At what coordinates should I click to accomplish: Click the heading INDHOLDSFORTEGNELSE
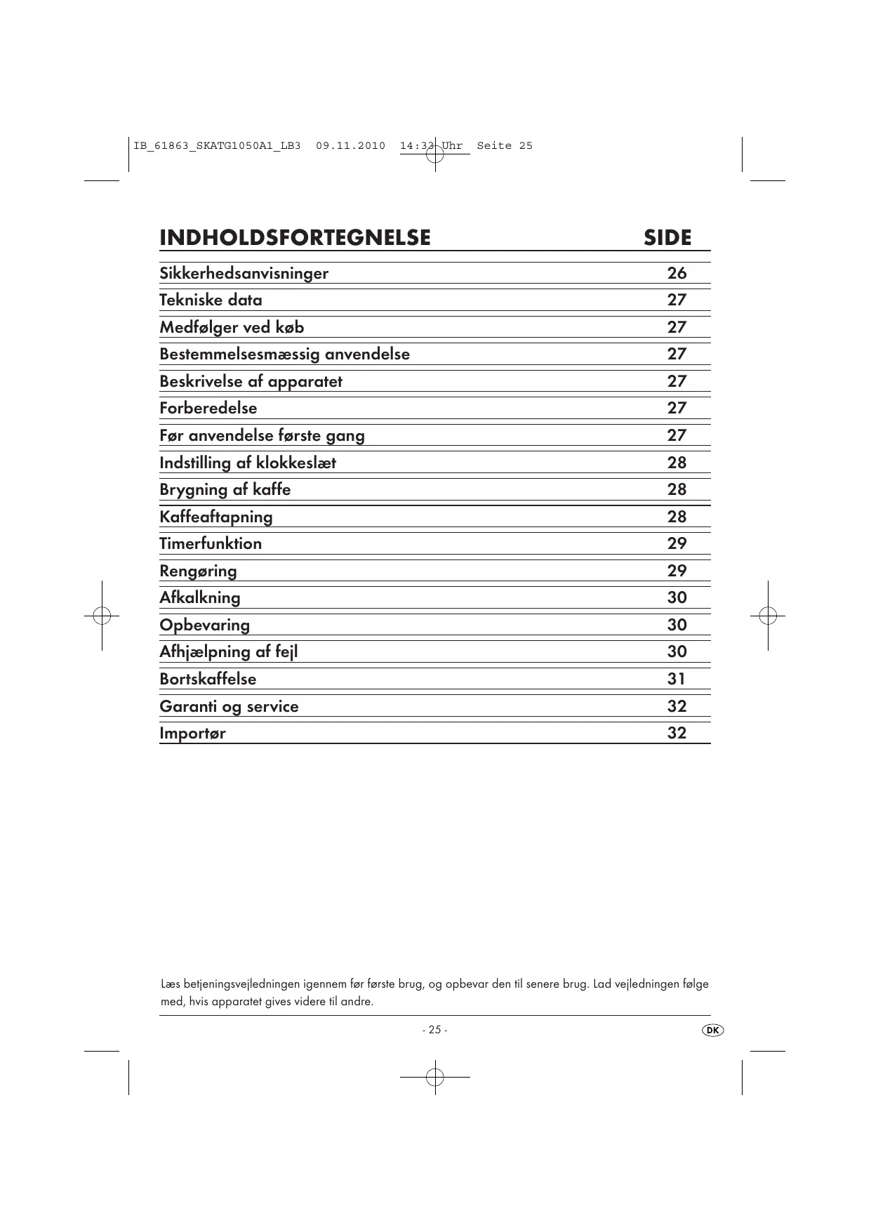[x=295, y=237]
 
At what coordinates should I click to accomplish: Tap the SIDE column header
[x=667, y=237]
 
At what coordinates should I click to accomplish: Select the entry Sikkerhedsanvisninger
[x=244, y=273]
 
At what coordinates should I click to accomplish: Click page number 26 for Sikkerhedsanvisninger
[x=677, y=273]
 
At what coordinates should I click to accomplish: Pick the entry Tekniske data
[x=211, y=300]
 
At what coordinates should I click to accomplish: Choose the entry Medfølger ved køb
[x=232, y=327]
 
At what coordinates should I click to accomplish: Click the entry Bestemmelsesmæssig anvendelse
[x=284, y=354]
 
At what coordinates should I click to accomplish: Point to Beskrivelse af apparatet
[x=251, y=381]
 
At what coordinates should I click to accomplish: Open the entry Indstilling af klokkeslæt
[x=248, y=463]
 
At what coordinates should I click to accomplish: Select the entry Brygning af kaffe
[x=225, y=489]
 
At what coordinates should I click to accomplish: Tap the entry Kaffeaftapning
[x=216, y=517]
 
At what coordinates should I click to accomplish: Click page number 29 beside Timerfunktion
[x=677, y=543]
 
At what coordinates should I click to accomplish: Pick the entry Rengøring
[x=198, y=571]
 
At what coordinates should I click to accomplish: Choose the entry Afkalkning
[x=200, y=597]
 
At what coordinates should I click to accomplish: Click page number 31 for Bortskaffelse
[x=677, y=679]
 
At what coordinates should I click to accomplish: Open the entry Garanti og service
[x=229, y=706]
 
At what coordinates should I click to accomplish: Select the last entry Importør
[x=192, y=733]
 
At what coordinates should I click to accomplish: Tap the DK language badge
[x=713, y=1030]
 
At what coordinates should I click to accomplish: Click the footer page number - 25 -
[x=434, y=1030]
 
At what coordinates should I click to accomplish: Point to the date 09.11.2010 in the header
[x=350, y=146]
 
